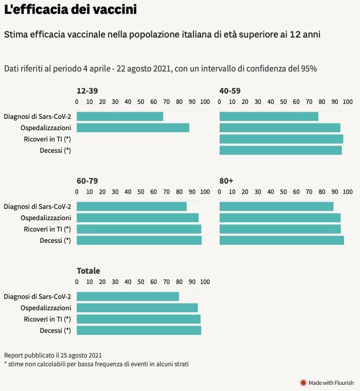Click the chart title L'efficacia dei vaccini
coord(70,10)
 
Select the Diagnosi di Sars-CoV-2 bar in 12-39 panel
coord(120,116)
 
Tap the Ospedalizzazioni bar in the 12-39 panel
coord(133,128)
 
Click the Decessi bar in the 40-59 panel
coord(280,150)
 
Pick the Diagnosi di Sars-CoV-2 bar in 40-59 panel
coord(268,116)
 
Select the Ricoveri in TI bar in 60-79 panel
coord(139,229)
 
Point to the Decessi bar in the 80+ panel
coord(281,240)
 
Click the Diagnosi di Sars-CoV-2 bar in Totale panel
coord(128,296)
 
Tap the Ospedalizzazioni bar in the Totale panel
coord(137,308)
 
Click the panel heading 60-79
coord(87,181)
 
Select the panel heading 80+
coord(226,181)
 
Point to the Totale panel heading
coord(88,271)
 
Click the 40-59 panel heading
coord(230,91)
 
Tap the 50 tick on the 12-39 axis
coord(140,102)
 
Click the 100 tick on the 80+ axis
coord(347,192)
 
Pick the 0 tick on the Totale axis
coord(77,282)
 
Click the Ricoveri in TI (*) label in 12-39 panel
coord(47,139)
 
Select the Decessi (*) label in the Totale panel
coord(55,330)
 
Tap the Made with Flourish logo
coord(327,383)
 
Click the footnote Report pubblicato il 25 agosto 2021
coord(52,355)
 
